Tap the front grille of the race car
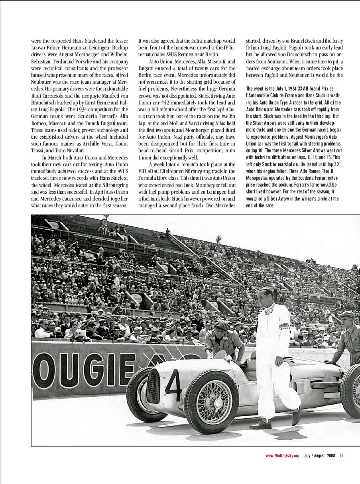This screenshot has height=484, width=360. coord(153,386)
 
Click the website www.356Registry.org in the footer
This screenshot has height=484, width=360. coord(282,456)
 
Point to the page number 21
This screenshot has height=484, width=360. coord(341,456)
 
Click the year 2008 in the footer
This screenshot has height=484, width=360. coord(330,456)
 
